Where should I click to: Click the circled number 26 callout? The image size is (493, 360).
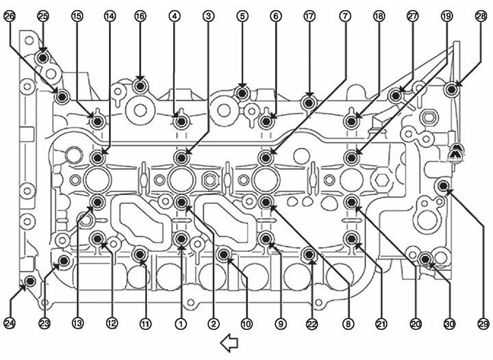coord(10,16)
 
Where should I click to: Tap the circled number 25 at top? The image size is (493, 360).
coord(43,16)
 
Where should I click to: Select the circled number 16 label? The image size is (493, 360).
coord(140,16)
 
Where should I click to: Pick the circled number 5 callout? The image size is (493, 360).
coord(242,16)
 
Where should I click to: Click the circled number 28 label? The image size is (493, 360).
coord(481,16)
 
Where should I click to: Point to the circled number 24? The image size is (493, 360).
coord(10,323)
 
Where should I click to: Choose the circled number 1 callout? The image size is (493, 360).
coord(181,323)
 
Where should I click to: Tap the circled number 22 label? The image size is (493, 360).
coord(312,323)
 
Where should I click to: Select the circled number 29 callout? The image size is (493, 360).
coord(483,323)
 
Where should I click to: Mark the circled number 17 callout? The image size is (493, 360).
coord(309,16)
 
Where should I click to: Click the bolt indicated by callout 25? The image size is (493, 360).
coord(42,58)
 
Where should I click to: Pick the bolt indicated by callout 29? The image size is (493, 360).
coord(443,186)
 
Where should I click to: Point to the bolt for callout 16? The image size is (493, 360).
coord(140,86)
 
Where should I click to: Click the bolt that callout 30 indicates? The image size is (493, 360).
coord(425,259)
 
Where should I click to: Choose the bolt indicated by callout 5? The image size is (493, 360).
coord(242,93)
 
